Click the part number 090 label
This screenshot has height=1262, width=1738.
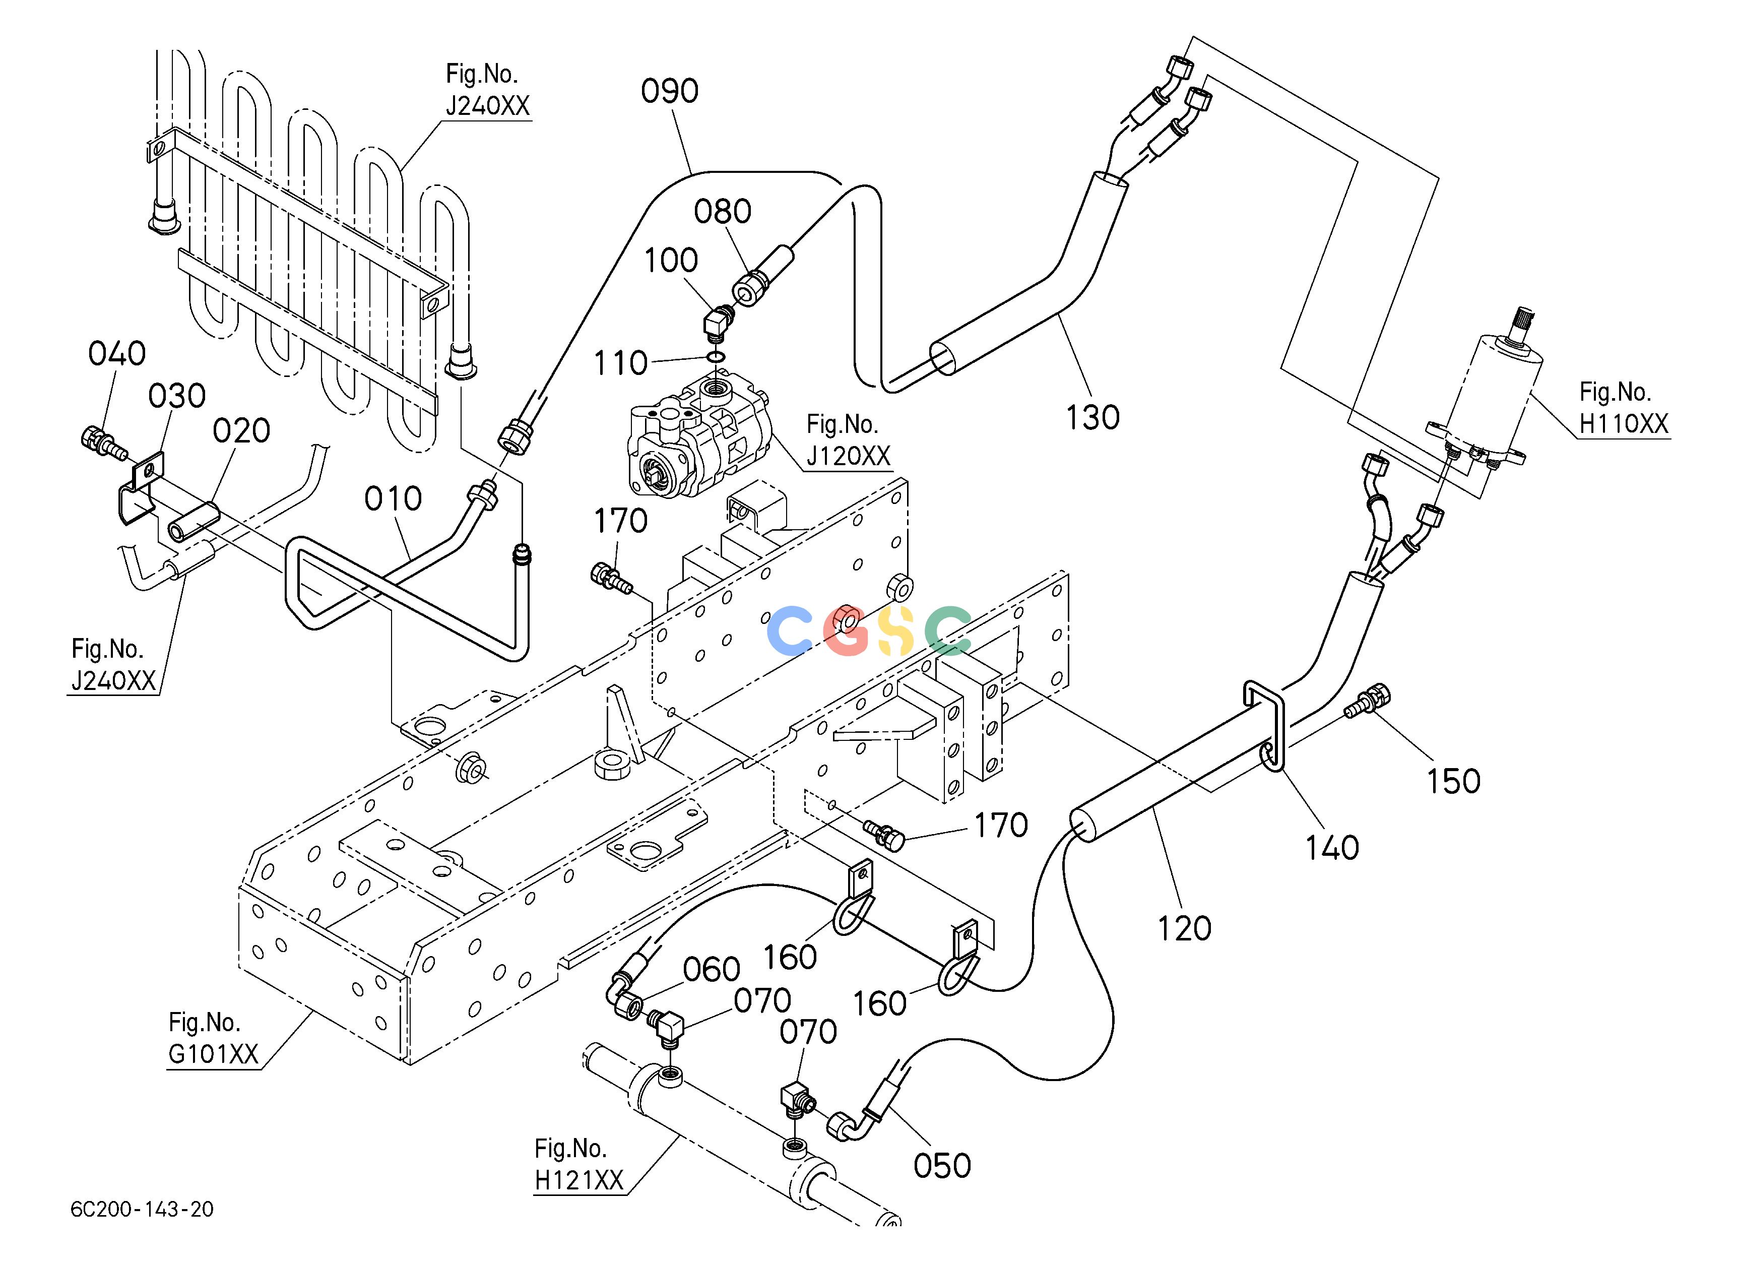(x=670, y=91)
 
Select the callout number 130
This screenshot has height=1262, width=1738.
(x=1093, y=418)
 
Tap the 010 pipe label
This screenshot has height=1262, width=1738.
(x=393, y=499)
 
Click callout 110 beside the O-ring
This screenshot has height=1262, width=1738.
(x=621, y=363)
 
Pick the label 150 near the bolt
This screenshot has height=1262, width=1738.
(x=1453, y=782)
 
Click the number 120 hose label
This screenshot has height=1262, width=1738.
(x=1184, y=929)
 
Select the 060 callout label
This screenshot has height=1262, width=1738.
(x=711, y=970)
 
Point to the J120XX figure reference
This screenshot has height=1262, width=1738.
(x=848, y=457)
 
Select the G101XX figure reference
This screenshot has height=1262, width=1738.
(x=213, y=1054)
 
